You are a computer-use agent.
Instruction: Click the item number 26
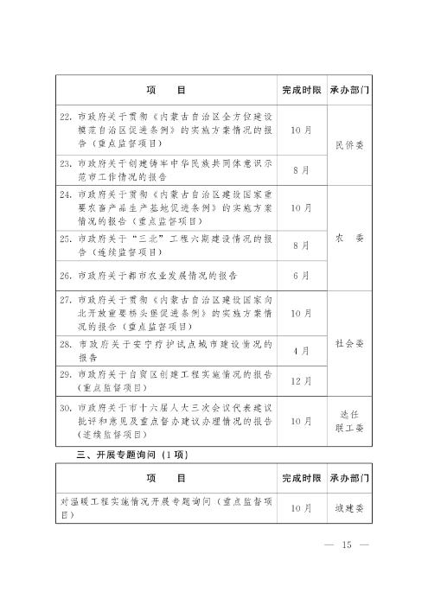coord(65,277)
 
